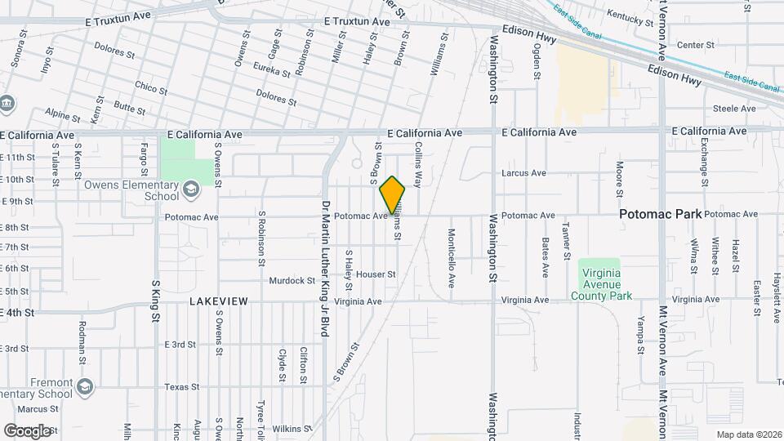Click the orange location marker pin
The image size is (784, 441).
(x=393, y=195)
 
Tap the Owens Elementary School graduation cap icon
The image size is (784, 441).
(x=190, y=190)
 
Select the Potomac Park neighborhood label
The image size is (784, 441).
(x=660, y=214)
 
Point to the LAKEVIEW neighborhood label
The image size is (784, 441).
(x=218, y=301)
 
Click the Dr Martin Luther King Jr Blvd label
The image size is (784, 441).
(x=325, y=269)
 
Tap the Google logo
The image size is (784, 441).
(x=28, y=430)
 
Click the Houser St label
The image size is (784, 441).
(x=376, y=274)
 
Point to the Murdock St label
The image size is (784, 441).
(x=292, y=280)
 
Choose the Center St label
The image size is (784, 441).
(x=696, y=45)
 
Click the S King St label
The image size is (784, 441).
(x=155, y=301)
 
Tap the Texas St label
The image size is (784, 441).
(x=182, y=387)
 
